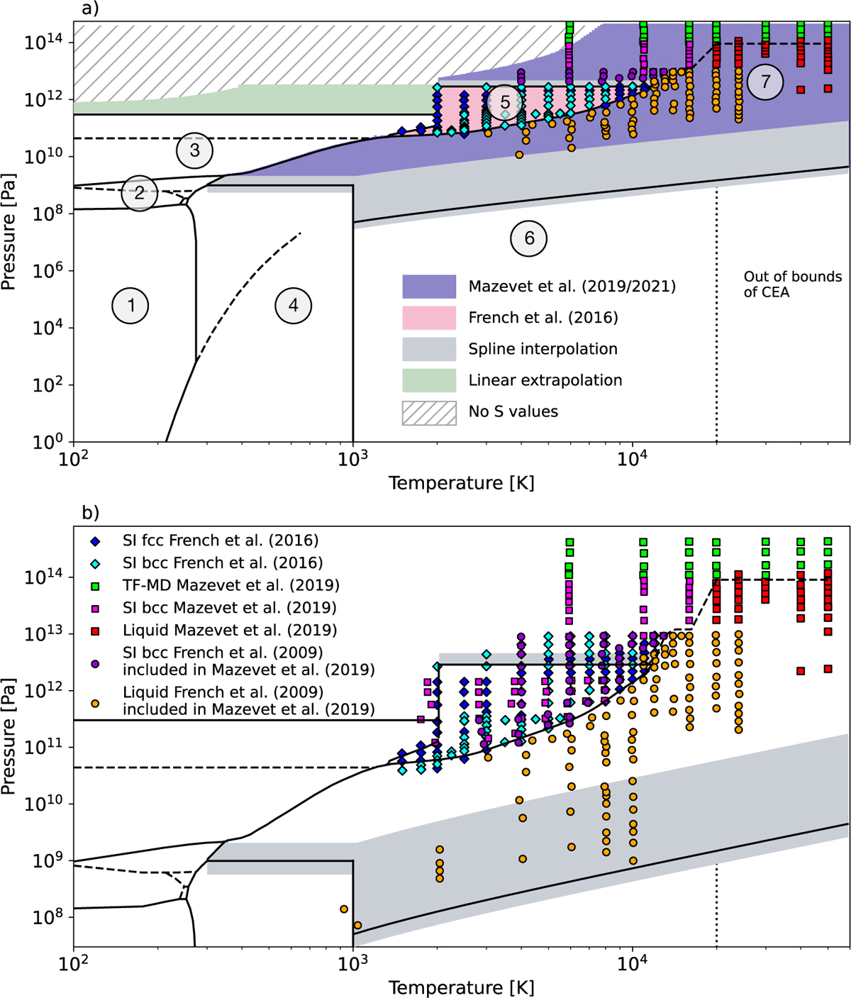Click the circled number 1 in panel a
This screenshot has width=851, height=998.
point(130,306)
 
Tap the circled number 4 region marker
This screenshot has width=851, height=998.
point(294,306)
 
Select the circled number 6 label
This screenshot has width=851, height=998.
point(529,238)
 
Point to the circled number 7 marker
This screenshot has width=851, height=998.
point(766,82)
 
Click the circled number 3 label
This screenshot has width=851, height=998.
point(194,150)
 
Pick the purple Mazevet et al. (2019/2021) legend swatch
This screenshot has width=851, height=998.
point(429,287)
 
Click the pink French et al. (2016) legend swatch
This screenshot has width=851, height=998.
point(429,318)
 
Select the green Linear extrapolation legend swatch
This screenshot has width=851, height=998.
point(429,380)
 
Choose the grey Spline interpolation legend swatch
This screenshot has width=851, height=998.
point(429,349)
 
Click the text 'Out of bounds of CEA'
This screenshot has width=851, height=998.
point(793,284)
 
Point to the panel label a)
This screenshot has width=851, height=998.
point(90,9)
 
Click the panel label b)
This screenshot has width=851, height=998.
point(91,513)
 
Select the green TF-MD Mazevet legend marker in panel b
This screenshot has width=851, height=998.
point(96,586)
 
